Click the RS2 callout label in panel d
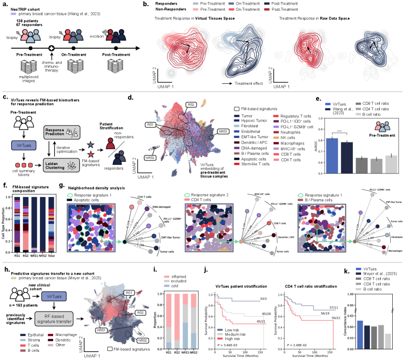[191, 104]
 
